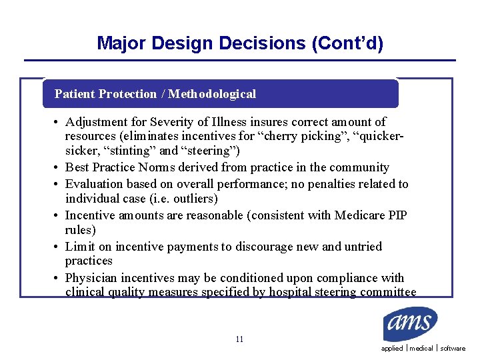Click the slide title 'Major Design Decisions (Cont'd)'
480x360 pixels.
[240, 43]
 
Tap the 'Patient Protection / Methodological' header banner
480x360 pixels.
[155, 94]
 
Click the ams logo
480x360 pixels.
[410, 325]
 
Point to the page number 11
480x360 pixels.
[239, 339]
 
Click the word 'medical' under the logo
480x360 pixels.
[421, 349]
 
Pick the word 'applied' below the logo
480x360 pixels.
[392, 349]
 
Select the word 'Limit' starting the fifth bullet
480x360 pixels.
[79, 247]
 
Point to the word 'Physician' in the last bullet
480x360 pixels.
[91, 277]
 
